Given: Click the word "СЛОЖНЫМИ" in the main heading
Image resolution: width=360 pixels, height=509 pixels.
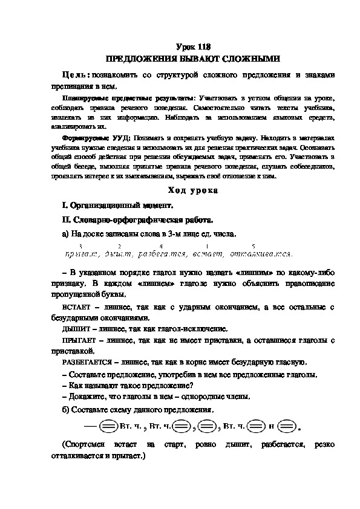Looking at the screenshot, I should tap(247, 59).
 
